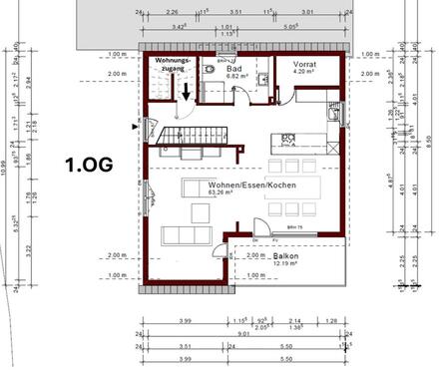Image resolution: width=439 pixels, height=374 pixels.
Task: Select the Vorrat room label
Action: click(x=305, y=64)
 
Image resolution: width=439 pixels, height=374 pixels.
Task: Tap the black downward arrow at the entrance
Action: click(x=187, y=92)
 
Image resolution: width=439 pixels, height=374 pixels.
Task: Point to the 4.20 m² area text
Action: click(x=305, y=72)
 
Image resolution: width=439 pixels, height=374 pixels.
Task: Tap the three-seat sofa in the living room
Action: click(x=186, y=235)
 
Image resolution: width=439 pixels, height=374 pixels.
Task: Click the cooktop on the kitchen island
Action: click(x=288, y=139)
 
